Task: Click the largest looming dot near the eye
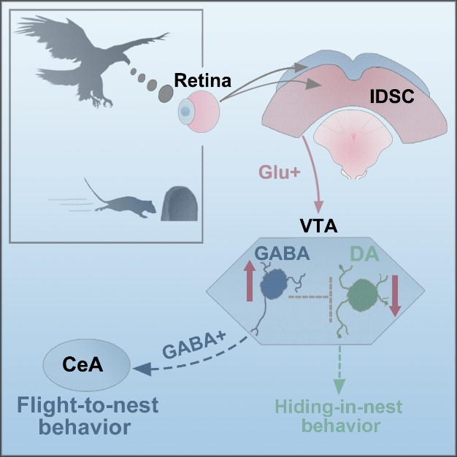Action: pyautogui.click(x=165, y=91)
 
